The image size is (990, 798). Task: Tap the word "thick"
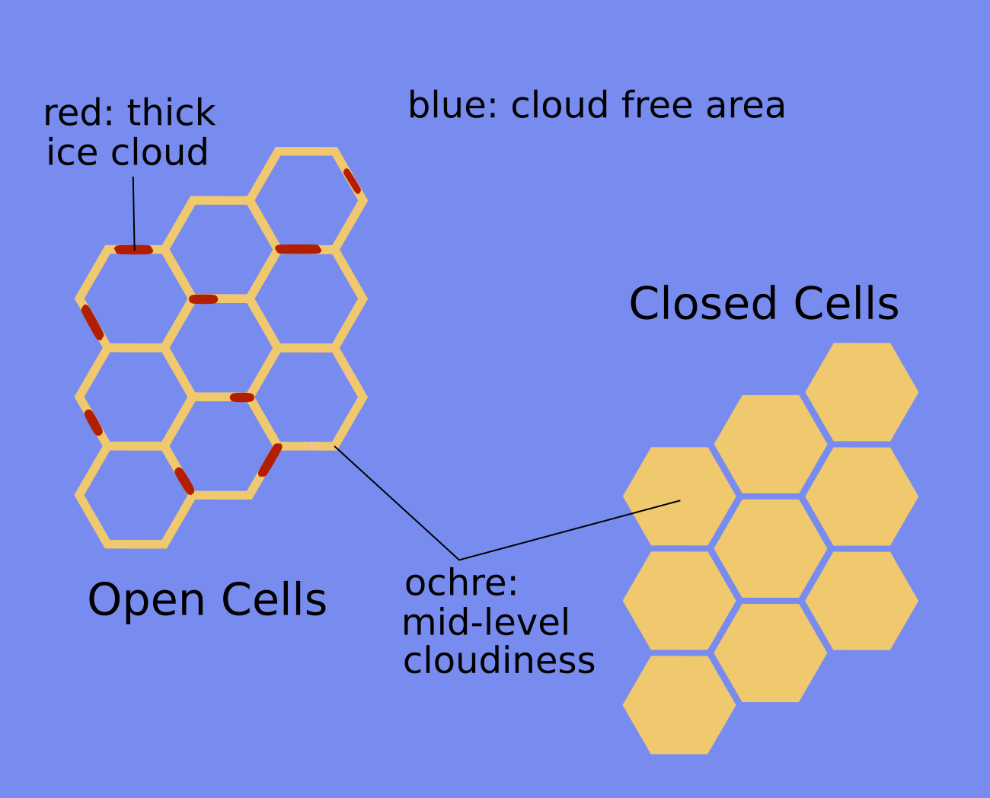tap(171, 113)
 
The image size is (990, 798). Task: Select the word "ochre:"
tap(461, 583)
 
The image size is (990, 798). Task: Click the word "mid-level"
tap(485, 622)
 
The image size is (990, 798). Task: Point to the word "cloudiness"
tap(499, 660)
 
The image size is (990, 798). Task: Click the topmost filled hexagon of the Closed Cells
tap(861, 391)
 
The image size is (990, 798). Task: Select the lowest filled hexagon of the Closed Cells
tap(679, 704)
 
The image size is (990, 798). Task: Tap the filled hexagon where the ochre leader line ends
tap(679, 496)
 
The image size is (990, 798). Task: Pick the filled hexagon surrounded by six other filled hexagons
tap(770, 548)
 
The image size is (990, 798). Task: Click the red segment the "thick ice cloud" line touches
tap(133, 250)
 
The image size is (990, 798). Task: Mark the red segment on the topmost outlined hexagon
tap(352, 180)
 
